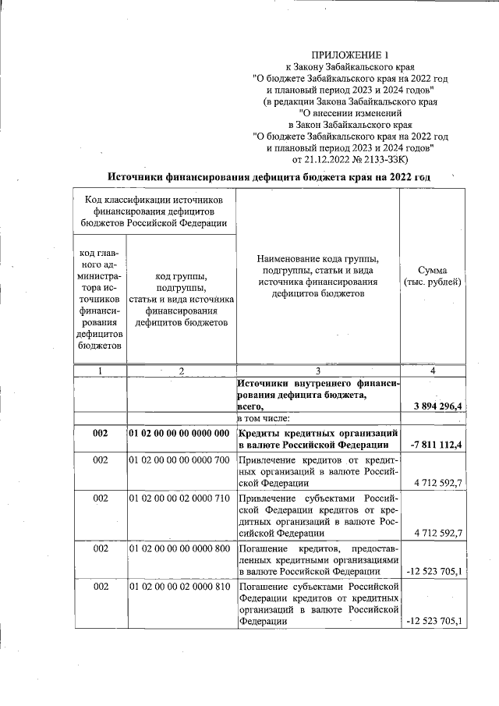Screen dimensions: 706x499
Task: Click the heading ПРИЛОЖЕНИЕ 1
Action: pos(349,55)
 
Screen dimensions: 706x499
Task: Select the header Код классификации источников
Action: pos(154,211)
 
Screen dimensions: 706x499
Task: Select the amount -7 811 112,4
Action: pos(436,445)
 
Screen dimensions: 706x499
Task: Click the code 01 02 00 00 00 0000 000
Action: pos(179,433)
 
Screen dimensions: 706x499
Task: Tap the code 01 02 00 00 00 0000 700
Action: pos(179,461)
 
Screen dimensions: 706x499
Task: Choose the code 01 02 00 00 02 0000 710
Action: pos(179,497)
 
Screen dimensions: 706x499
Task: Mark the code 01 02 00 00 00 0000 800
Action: pos(179,549)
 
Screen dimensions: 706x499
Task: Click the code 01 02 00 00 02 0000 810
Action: pos(179,586)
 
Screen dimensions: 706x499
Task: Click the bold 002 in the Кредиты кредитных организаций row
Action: pos(100,433)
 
